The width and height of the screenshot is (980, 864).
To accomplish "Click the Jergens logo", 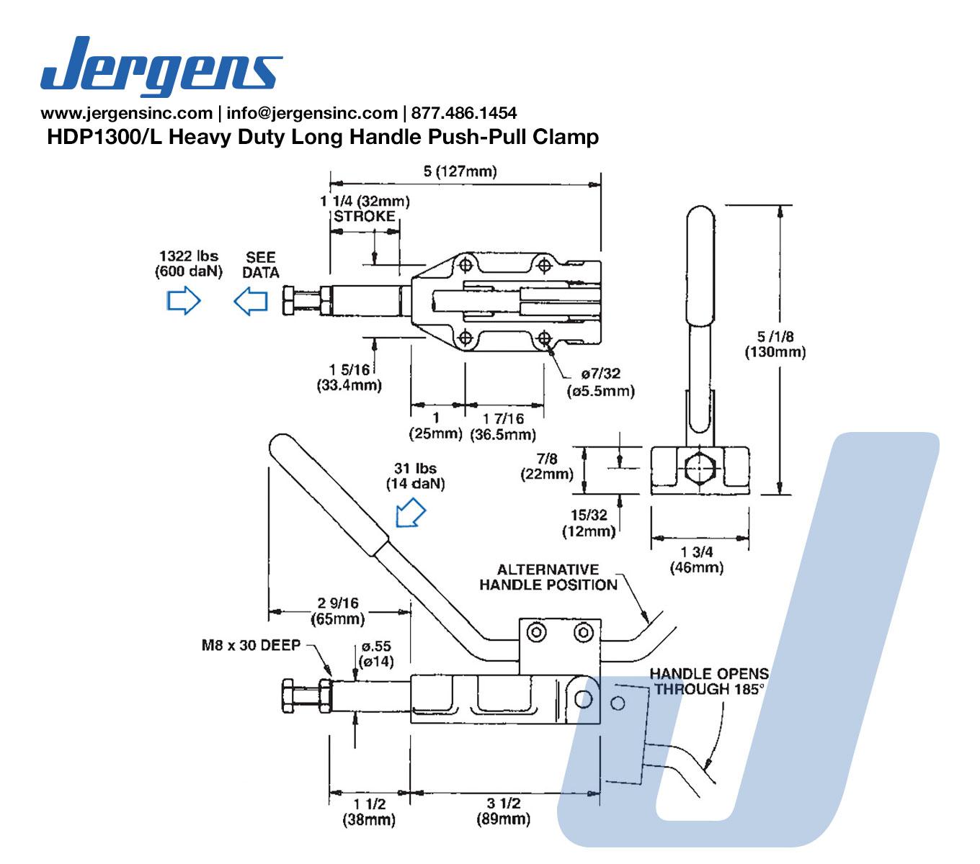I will pos(161,66).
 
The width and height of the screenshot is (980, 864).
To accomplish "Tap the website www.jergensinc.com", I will pos(126,113).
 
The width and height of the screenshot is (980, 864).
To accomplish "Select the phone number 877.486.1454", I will pos(463,113).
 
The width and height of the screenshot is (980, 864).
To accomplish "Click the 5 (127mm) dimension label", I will pos(460,171).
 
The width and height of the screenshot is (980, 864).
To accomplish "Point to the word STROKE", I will pos(365,216).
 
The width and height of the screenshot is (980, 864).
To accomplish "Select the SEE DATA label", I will pos(260,264).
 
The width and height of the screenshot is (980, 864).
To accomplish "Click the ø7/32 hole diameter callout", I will pos(601,382).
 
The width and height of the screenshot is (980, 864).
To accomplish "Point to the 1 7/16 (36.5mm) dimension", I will pos(503,426).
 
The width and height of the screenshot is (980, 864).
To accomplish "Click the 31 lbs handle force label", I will pos(416,476).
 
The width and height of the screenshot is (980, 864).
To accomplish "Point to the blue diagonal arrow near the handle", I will pos(411,513).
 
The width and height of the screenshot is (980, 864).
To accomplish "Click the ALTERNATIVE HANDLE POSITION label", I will pos(548,577).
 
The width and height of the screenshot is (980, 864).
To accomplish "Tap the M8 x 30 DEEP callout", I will pos(250,645).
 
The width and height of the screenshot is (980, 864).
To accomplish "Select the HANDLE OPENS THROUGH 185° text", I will pos(709,681).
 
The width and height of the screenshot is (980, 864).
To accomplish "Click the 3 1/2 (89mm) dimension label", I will pos(503,811).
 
